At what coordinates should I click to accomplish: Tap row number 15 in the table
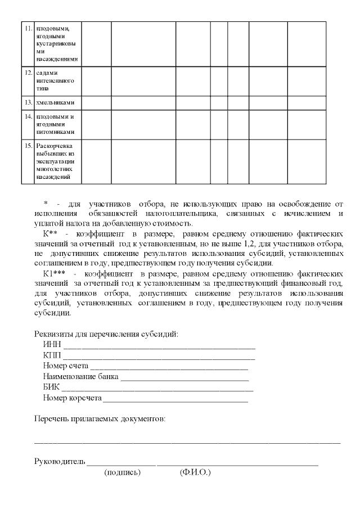(x=28, y=146)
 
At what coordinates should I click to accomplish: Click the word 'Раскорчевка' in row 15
(x=54, y=146)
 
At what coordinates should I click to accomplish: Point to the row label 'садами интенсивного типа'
(x=55, y=80)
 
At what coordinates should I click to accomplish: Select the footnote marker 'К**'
(x=52, y=232)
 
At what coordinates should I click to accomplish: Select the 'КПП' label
(x=52, y=355)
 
